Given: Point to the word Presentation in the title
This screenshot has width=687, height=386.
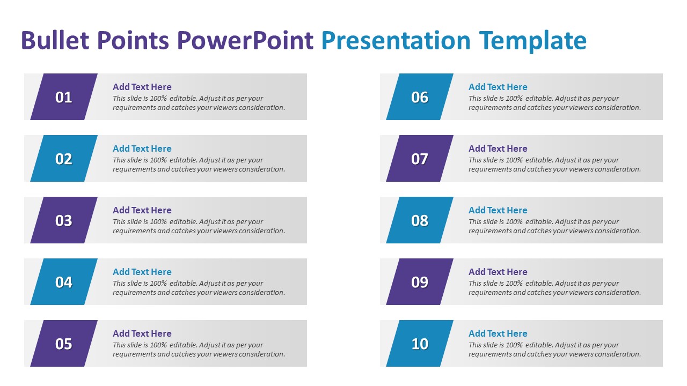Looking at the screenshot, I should click(x=396, y=41).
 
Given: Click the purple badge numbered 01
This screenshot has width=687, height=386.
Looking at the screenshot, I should click(x=64, y=97).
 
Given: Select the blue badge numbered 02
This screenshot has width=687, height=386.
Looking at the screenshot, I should click(x=64, y=159).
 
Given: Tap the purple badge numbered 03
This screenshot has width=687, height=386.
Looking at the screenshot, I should click(x=64, y=220).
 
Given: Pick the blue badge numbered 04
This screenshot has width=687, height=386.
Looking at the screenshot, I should click(x=64, y=282).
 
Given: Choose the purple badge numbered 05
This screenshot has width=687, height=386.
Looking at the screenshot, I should click(x=64, y=344).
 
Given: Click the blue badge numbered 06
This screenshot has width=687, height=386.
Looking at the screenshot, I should click(x=420, y=97).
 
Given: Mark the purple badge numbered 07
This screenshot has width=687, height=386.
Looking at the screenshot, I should click(x=420, y=159).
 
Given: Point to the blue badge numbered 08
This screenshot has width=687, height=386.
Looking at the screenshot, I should click(x=420, y=220).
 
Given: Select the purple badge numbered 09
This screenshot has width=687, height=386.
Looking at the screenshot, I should click(x=420, y=282).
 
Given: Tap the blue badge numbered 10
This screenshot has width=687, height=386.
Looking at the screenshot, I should click(x=420, y=344).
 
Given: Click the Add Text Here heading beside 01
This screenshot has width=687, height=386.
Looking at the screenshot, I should click(x=142, y=87).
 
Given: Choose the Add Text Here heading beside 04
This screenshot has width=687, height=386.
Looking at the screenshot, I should click(x=142, y=272).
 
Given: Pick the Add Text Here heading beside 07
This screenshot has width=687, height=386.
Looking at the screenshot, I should click(x=498, y=149).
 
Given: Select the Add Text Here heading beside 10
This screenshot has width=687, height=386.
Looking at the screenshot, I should click(x=498, y=333).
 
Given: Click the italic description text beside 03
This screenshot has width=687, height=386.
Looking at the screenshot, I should click(x=199, y=226).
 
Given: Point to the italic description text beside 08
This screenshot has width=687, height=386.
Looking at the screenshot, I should click(x=554, y=226).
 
